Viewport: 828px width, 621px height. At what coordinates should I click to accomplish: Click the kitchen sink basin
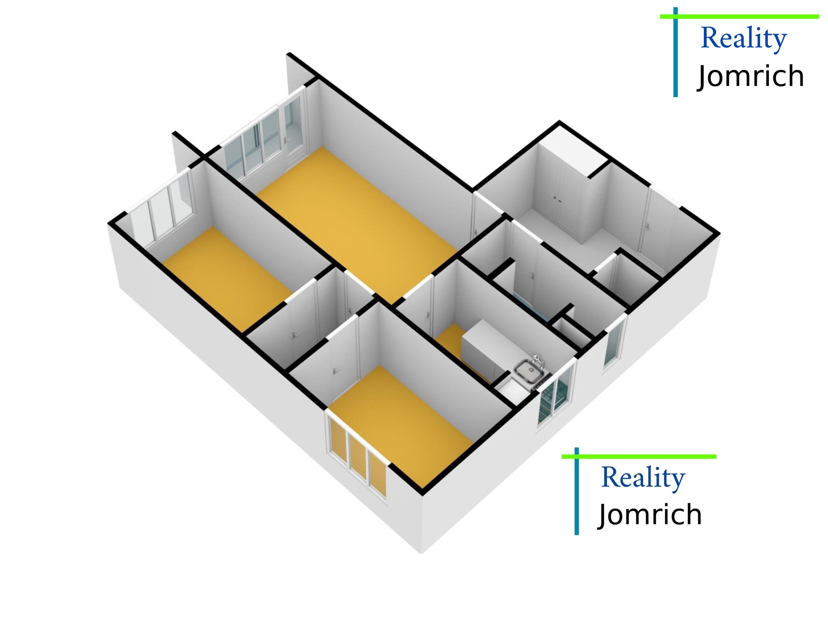529,371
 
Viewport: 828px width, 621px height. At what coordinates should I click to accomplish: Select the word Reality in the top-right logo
744,38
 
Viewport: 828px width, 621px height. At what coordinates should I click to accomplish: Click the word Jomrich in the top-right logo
751,76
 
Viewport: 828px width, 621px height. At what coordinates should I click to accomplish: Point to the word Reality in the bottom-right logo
643,478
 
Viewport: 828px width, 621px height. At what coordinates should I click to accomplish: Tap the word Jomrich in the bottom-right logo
650,514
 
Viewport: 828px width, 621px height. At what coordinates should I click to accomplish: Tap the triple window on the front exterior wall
358,459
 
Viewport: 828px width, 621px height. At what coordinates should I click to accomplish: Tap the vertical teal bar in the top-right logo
675,52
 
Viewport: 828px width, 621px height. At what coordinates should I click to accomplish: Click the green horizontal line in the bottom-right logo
638,456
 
